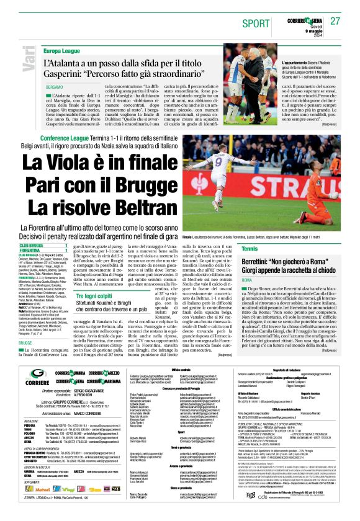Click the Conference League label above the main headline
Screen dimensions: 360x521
[x=52, y=137]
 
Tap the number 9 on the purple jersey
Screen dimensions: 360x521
[x=220, y=164]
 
